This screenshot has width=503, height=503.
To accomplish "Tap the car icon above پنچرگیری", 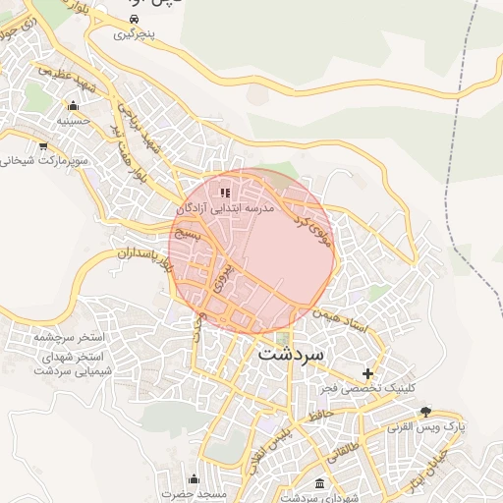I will pyautogui.click(x=134, y=19).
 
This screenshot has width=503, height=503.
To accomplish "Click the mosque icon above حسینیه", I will pyautogui.click(x=72, y=106).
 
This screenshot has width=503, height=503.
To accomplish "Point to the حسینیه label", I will pyautogui.click(x=72, y=122).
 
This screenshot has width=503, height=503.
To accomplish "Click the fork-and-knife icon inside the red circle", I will pyautogui.click(x=225, y=194).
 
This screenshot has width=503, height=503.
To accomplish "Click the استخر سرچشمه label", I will pyautogui.click(x=69, y=337).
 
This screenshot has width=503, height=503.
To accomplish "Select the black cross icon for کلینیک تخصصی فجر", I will pyautogui.click(x=368, y=373).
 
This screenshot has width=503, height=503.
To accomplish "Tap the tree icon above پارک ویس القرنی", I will pyautogui.click(x=424, y=412).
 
